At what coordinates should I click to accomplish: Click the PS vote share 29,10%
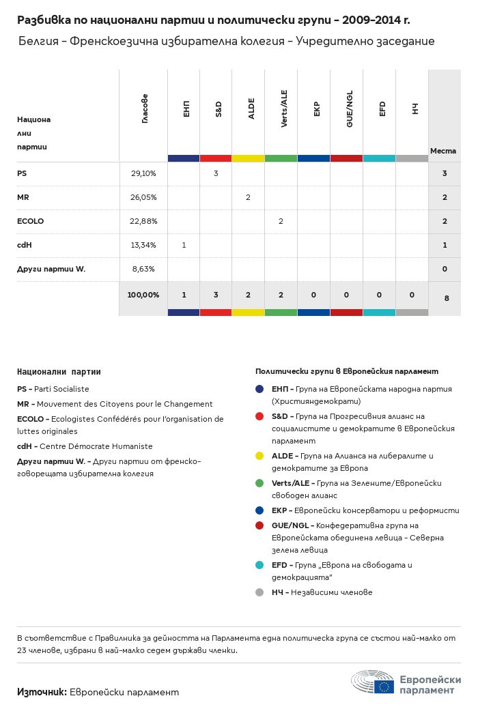(143, 173)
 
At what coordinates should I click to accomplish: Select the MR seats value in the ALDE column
(248, 197)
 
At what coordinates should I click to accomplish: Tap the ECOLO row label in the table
(30, 221)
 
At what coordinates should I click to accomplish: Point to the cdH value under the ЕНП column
(184, 245)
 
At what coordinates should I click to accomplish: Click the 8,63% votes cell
(143, 269)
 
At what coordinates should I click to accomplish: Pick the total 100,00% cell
(143, 295)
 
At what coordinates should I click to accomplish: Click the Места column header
(443, 151)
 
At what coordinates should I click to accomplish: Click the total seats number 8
(445, 298)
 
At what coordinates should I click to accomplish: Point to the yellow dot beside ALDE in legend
(259, 456)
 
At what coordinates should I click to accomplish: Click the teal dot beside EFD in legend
(259, 565)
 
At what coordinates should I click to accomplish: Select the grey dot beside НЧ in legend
(259, 592)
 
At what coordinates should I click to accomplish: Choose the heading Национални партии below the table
(59, 372)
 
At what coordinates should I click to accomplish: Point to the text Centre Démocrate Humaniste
(96, 446)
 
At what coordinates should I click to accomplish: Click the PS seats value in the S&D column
(216, 173)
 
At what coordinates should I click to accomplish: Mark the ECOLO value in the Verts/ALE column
(281, 221)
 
